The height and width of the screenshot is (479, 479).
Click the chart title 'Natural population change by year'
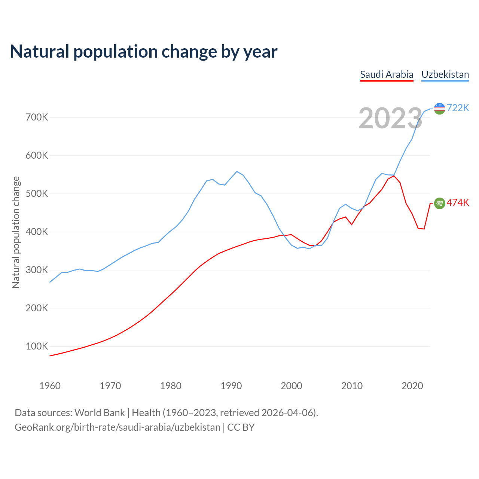point(144,52)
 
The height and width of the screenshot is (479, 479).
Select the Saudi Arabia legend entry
point(387,74)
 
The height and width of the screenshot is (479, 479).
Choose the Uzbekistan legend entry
point(445,74)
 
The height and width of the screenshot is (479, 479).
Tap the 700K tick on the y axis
point(37,118)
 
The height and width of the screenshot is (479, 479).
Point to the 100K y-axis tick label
point(37,347)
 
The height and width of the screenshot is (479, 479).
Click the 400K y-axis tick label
point(37,232)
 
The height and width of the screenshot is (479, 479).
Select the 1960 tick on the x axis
point(50,386)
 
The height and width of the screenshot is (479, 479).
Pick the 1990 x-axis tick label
point(231,386)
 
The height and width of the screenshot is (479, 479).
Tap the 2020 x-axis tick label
point(412,386)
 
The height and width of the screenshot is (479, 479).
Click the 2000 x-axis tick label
point(292,386)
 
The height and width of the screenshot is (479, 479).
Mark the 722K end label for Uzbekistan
point(458,108)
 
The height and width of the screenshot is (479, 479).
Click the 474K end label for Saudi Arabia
point(458,203)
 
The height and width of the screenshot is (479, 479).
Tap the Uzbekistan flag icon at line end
point(439,109)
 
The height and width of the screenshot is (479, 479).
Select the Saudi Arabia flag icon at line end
point(439,203)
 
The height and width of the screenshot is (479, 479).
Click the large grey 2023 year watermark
point(390,119)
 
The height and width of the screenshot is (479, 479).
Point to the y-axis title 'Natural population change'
point(16,232)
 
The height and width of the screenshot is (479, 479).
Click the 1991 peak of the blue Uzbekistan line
point(237,171)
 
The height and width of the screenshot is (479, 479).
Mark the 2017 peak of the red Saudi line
point(394,176)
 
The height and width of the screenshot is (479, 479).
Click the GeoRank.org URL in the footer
point(118,427)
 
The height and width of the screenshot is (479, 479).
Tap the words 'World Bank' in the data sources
point(100,413)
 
